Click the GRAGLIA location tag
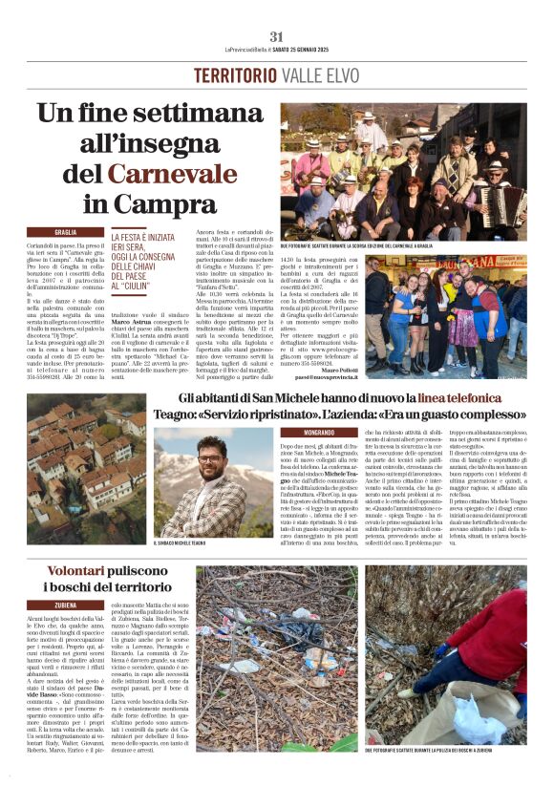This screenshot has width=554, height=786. (65, 232)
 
